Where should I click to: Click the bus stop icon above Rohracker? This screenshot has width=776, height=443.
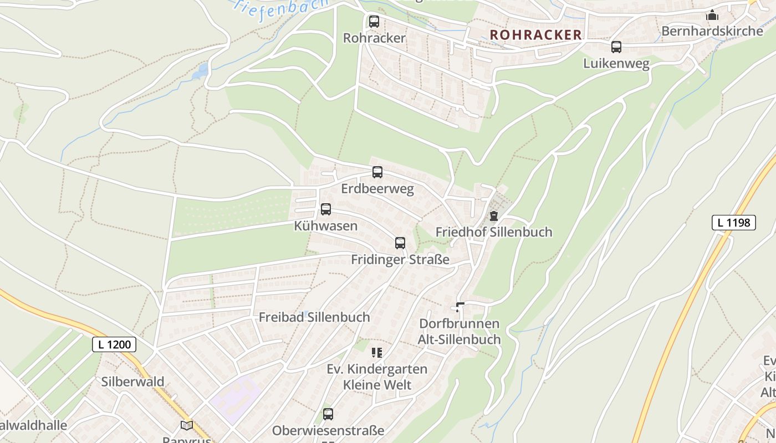tap(374, 22)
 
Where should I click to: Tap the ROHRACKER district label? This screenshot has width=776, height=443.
tap(536, 35)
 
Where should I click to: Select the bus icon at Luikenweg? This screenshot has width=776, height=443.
tap(616, 47)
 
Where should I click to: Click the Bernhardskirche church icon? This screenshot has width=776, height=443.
tap(712, 15)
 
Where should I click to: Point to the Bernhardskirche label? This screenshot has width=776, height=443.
tap(712, 31)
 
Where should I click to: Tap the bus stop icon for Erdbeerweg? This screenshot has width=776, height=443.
tap(377, 172)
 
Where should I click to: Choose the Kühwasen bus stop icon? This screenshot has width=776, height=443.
tap(326, 209)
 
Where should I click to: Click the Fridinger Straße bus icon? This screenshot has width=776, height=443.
tap(400, 243)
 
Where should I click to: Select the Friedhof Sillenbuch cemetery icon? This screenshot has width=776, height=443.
tap(494, 216)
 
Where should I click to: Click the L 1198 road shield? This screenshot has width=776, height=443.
tap(733, 223)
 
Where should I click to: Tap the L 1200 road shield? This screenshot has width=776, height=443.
tap(114, 344)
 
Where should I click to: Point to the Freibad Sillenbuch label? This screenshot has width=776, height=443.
tap(314, 317)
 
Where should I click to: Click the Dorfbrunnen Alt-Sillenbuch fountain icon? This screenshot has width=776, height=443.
tap(460, 307)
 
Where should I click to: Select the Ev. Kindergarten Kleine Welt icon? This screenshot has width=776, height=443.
tap(377, 353)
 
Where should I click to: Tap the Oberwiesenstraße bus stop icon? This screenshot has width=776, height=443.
tap(328, 414)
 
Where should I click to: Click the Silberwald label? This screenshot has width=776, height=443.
tap(132, 382)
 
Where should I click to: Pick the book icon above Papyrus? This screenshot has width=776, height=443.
tap(187, 425)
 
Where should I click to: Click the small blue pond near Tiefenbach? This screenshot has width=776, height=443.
tap(200, 71)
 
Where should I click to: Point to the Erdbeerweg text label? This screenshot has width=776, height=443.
tap(377, 189)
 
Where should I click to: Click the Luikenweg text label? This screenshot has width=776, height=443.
tap(616, 64)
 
